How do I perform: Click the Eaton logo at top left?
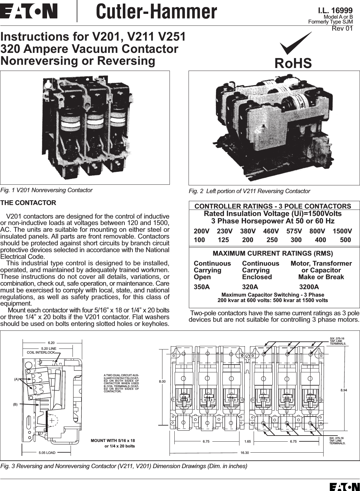29,11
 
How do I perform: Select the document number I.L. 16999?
335,10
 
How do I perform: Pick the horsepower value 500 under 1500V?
345,240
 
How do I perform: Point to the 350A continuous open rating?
201,287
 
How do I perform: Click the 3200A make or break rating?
309,287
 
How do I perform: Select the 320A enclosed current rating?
250,287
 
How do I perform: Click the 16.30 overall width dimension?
245,453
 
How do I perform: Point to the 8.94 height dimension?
344,390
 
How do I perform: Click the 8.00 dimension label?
162,381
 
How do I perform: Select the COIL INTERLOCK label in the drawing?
41,352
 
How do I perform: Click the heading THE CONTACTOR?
28,203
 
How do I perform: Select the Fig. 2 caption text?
249,191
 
